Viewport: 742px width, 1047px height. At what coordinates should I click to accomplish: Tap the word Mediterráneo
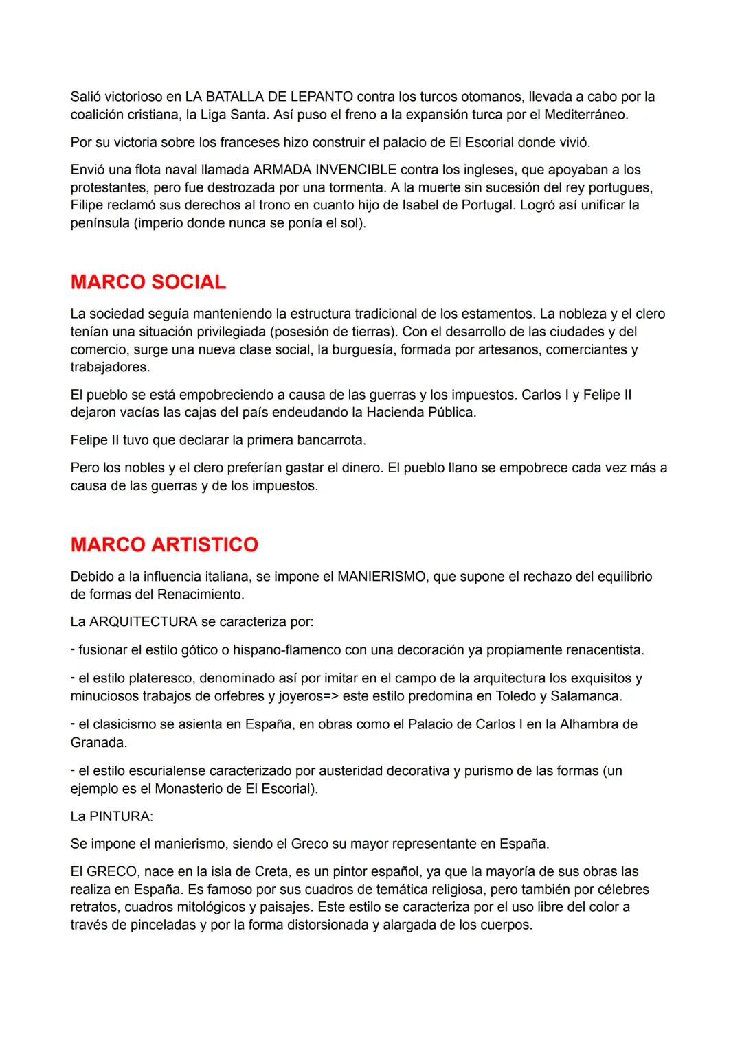[585, 115]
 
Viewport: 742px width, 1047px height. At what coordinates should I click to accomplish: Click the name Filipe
[87, 205]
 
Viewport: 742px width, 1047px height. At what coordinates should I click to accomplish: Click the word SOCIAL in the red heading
[188, 282]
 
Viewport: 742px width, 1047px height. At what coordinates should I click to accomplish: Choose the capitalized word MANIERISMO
[381, 577]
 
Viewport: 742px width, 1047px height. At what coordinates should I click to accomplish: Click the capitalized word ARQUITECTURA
[143, 622]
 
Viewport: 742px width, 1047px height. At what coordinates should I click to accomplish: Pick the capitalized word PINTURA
[121, 816]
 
